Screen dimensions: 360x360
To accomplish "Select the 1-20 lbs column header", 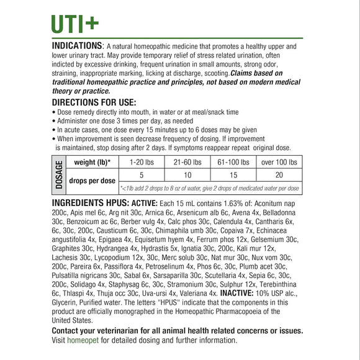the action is coord(142,163).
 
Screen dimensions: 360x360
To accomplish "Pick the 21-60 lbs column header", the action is coord(187,163).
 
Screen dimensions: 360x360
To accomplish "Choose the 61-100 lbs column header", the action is coord(233,163).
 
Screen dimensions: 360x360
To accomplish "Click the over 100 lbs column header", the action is coord(279,163).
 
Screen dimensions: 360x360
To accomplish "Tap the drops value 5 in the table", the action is coord(142,176).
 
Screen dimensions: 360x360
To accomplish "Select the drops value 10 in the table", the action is coord(187,176).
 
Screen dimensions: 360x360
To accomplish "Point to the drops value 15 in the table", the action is coord(233,176).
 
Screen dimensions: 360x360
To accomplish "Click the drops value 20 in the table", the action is coord(279,176).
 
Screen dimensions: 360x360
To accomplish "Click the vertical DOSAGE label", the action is coord(60,175).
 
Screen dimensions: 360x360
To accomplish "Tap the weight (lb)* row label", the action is coord(92,163).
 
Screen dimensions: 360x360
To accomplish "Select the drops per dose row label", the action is coord(92,181).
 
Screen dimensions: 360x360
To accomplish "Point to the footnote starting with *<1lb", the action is coord(210,188).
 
